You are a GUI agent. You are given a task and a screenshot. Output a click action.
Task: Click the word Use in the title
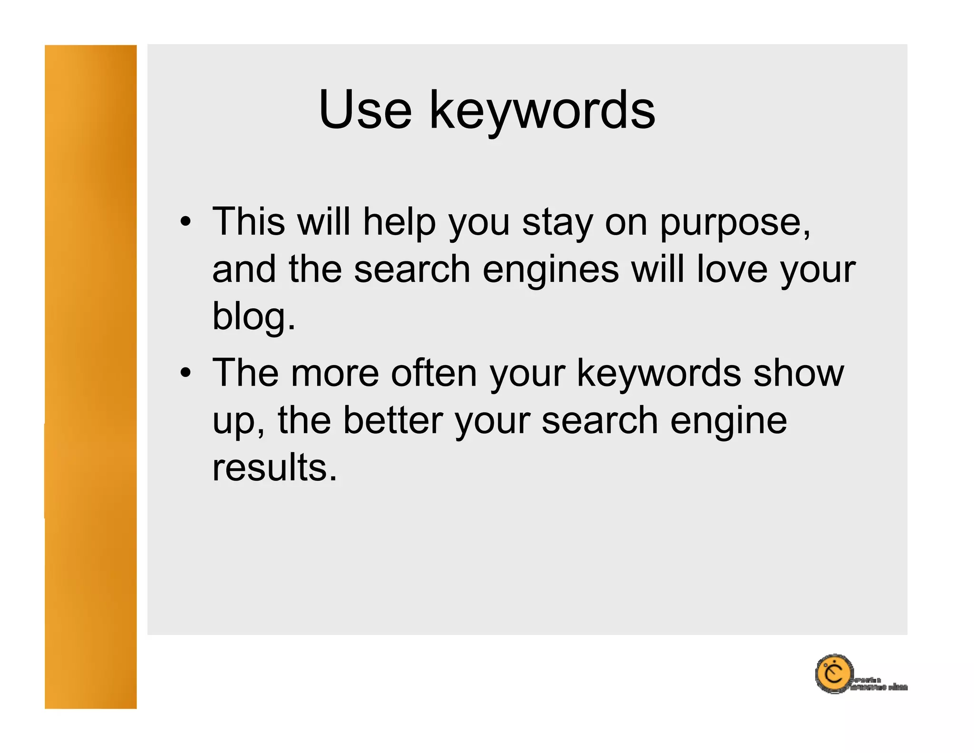coord(365,110)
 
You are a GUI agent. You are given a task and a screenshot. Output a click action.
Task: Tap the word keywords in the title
coord(542,112)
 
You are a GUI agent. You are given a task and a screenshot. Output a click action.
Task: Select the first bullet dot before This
coord(185,222)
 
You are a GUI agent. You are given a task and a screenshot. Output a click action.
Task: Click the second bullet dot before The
coord(185,373)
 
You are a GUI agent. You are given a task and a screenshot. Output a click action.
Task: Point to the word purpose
coord(735,223)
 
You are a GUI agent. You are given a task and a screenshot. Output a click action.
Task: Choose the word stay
coord(557,223)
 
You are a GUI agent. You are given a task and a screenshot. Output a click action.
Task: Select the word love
coord(732,269)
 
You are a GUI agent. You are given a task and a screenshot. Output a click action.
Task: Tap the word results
coord(274,467)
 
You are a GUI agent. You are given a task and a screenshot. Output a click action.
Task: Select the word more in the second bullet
coord(335,373)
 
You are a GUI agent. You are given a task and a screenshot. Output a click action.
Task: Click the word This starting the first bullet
coord(248,221)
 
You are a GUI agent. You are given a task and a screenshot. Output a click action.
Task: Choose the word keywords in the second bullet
coord(659,373)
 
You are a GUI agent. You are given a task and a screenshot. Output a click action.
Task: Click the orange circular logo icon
coord(834,674)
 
